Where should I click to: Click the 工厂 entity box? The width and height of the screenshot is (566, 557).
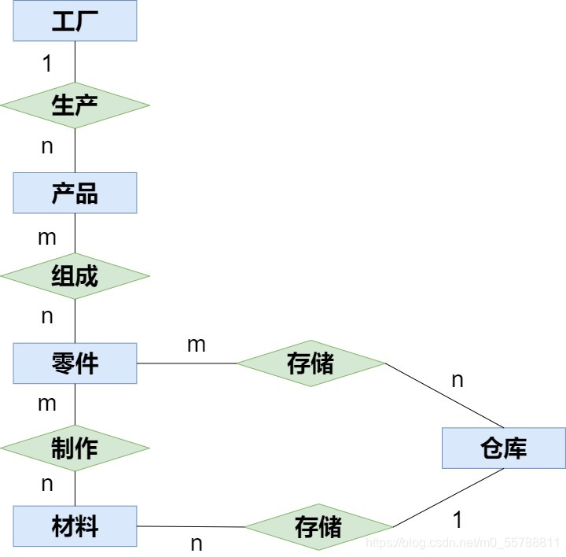(x=75, y=21)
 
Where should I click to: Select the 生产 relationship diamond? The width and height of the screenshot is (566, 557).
(x=75, y=105)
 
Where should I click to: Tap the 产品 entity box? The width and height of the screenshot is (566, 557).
(x=75, y=193)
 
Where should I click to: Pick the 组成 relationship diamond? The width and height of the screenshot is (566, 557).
(x=75, y=276)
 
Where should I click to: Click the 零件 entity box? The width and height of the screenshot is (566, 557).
(x=75, y=363)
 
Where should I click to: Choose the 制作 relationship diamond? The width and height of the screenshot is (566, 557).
(x=75, y=448)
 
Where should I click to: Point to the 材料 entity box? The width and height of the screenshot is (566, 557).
(x=75, y=526)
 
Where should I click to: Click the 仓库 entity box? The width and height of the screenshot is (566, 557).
(x=503, y=448)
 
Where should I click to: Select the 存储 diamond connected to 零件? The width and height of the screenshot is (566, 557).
(x=311, y=363)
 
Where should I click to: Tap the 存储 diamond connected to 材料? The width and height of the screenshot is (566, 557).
(x=318, y=526)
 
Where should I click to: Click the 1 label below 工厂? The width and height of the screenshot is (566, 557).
(x=47, y=64)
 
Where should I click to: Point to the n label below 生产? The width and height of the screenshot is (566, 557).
(x=47, y=146)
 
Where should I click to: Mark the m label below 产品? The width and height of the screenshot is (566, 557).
(x=47, y=237)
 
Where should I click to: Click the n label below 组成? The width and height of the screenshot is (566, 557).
(x=47, y=316)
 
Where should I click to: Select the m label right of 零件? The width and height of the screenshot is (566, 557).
(x=196, y=344)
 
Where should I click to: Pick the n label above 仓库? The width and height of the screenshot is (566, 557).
(x=458, y=381)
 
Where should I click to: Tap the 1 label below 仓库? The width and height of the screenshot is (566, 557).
(x=458, y=519)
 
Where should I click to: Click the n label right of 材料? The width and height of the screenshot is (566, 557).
(x=197, y=543)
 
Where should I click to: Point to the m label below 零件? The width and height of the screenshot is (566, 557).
(x=47, y=404)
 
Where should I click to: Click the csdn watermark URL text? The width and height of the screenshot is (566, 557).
(x=464, y=543)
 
